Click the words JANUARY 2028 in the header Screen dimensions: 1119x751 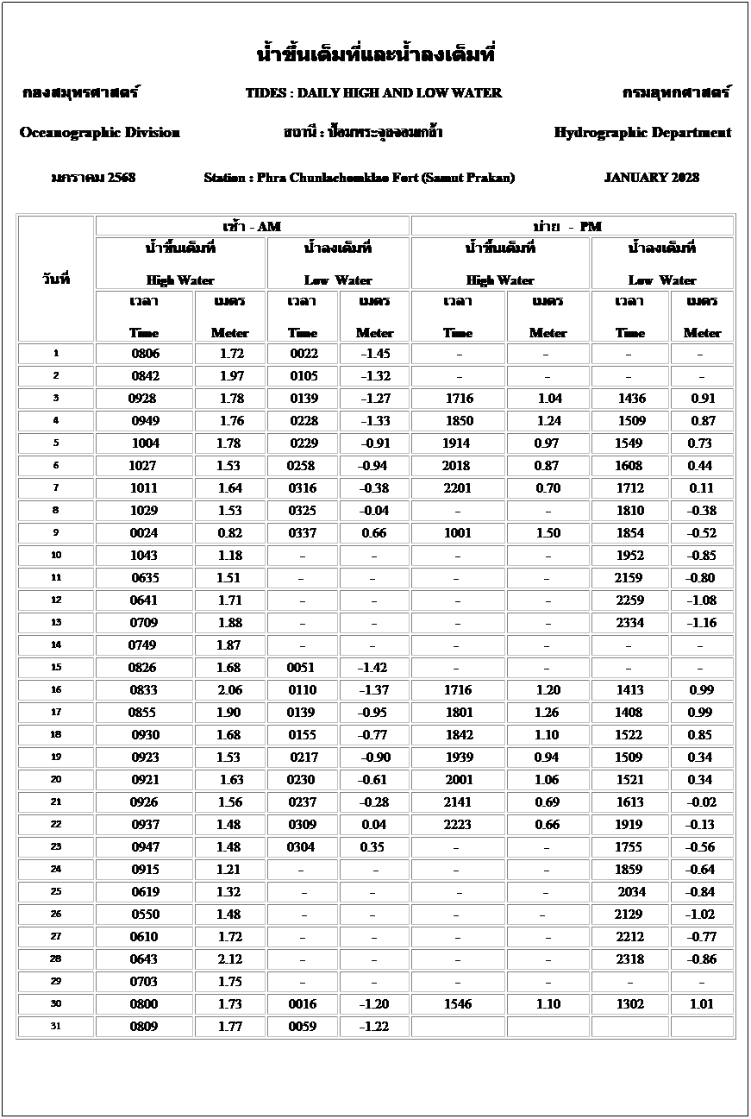[x=651, y=178]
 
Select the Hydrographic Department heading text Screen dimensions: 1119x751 [x=642, y=133]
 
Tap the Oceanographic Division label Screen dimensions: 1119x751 [x=99, y=133]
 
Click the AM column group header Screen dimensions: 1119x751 [x=252, y=226]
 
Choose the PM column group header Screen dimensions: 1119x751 [x=573, y=226]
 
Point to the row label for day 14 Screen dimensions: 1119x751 [x=56, y=644]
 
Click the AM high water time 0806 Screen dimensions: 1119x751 [x=145, y=354]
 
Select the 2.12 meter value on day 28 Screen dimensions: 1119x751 [x=230, y=959]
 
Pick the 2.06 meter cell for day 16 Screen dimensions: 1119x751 [x=230, y=690]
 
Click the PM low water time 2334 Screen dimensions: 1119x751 [x=629, y=623]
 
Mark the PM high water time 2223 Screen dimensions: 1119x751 [x=457, y=825]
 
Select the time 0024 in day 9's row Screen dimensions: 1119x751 [x=144, y=533]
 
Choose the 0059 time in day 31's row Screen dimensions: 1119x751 [x=302, y=1027]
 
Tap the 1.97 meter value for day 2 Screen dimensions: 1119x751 [x=231, y=376]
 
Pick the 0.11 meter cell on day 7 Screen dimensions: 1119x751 [x=701, y=488]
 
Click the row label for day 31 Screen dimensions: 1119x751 [x=56, y=1026]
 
